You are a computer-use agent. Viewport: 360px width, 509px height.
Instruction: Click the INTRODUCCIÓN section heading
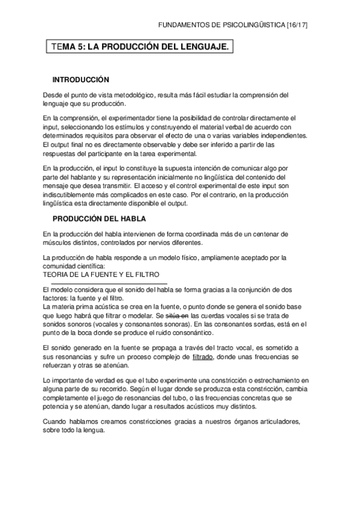pos(80,79)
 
